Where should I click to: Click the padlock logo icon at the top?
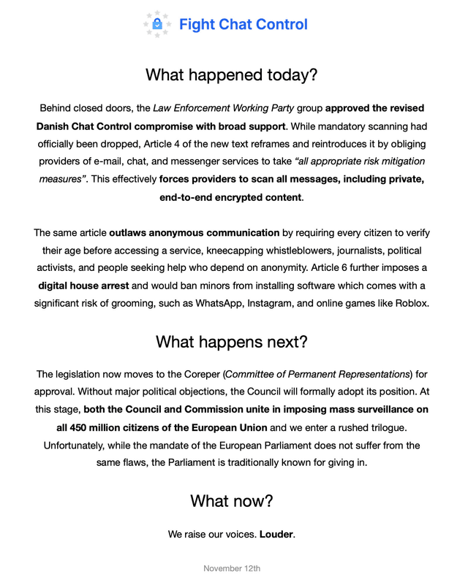[x=156, y=24]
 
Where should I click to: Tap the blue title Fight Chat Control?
[x=243, y=24]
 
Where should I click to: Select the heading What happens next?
[x=232, y=341]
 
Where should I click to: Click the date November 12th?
[x=232, y=568]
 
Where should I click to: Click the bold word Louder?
[x=276, y=534]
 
